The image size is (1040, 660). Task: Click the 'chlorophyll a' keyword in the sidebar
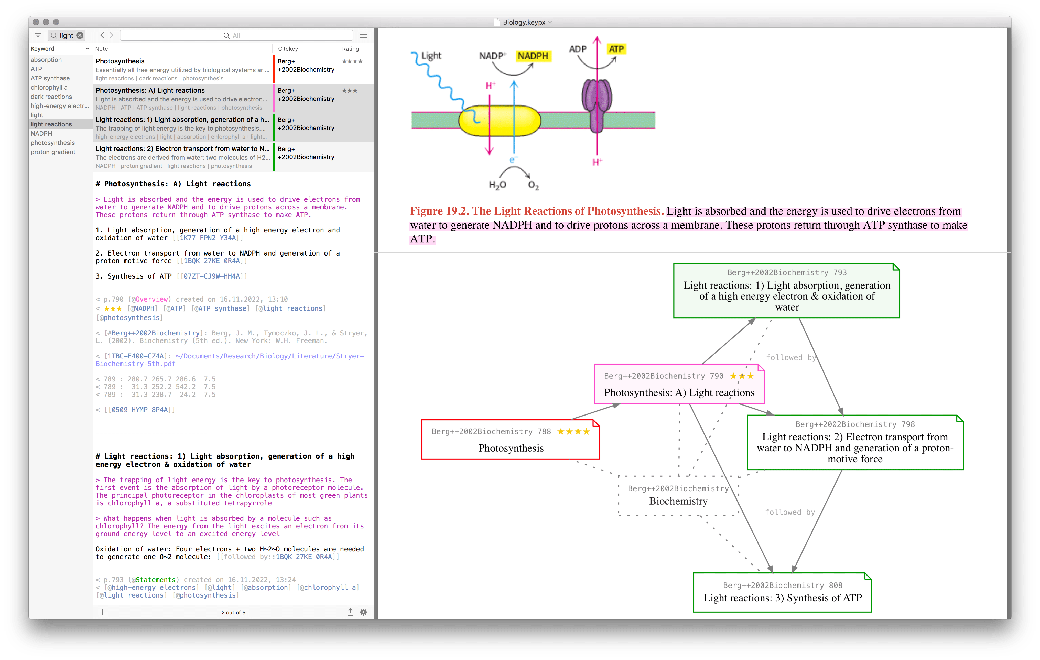point(49,87)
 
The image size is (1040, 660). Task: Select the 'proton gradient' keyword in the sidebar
point(53,152)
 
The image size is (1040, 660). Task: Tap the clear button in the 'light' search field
point(80,35)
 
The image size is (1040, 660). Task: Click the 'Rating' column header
point(350,49)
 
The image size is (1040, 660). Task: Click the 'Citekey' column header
point(288,49)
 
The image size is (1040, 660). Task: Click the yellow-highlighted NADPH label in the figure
point(533,56)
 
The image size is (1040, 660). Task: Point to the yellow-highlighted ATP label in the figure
point(616,49)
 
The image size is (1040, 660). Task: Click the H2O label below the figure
point(497,185)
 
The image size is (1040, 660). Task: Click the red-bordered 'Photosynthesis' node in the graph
point(511,439)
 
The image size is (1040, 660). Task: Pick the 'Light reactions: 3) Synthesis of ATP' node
point(782,592)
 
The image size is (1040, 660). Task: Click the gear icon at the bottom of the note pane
point(364,612)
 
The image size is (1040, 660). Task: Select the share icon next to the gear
point(350,612)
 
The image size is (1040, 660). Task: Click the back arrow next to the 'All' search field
point(102,35)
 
